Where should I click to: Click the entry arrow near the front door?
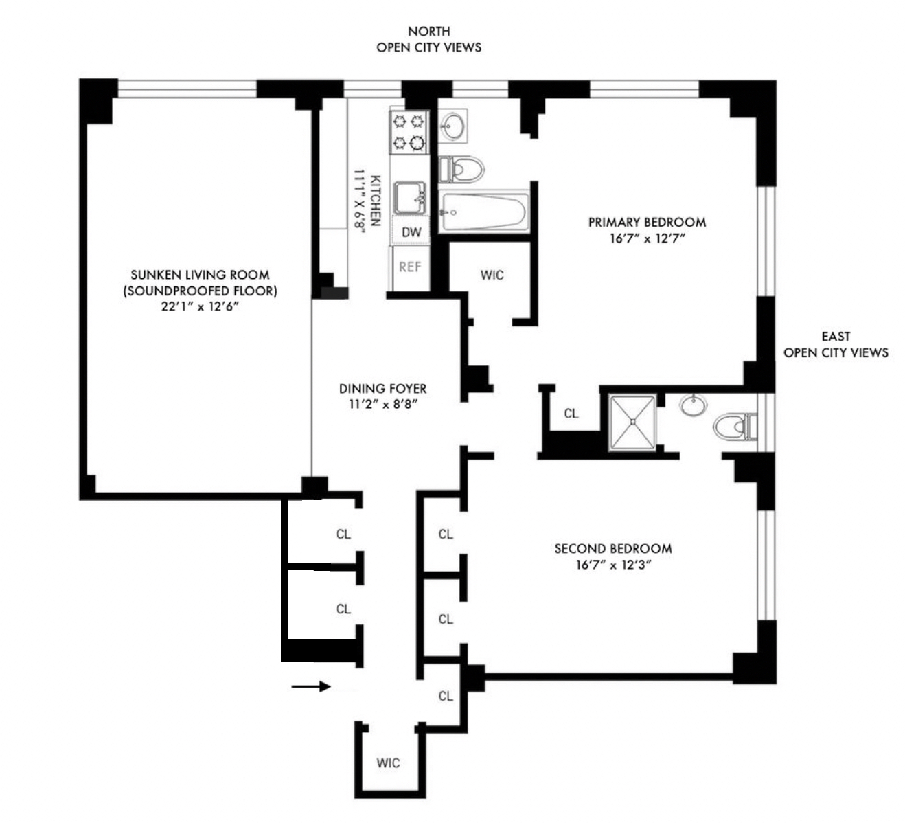pos(310,686)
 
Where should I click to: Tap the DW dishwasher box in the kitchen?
pos(411,232)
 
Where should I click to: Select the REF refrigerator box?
pos(411,267)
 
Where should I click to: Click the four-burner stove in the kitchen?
pos(409,133)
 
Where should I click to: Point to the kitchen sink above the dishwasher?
pos(410,199)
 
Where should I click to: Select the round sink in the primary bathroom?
pos(452,126)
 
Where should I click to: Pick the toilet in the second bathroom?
pos(733,426)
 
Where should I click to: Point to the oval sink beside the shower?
pos(693,405)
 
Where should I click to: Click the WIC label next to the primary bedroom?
pos(492,275)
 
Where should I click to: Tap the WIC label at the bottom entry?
pos(388,763)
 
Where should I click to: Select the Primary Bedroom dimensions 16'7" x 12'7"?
pos(648,239)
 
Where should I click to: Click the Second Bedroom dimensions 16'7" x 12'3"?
pos(613,565)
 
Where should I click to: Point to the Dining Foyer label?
pos(382,389)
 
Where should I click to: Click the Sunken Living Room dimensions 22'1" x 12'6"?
pos(200,307)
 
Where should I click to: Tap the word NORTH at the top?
pos(428,31)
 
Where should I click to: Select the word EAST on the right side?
pos(835,337)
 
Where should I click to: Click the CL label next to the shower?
pos(571,413)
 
